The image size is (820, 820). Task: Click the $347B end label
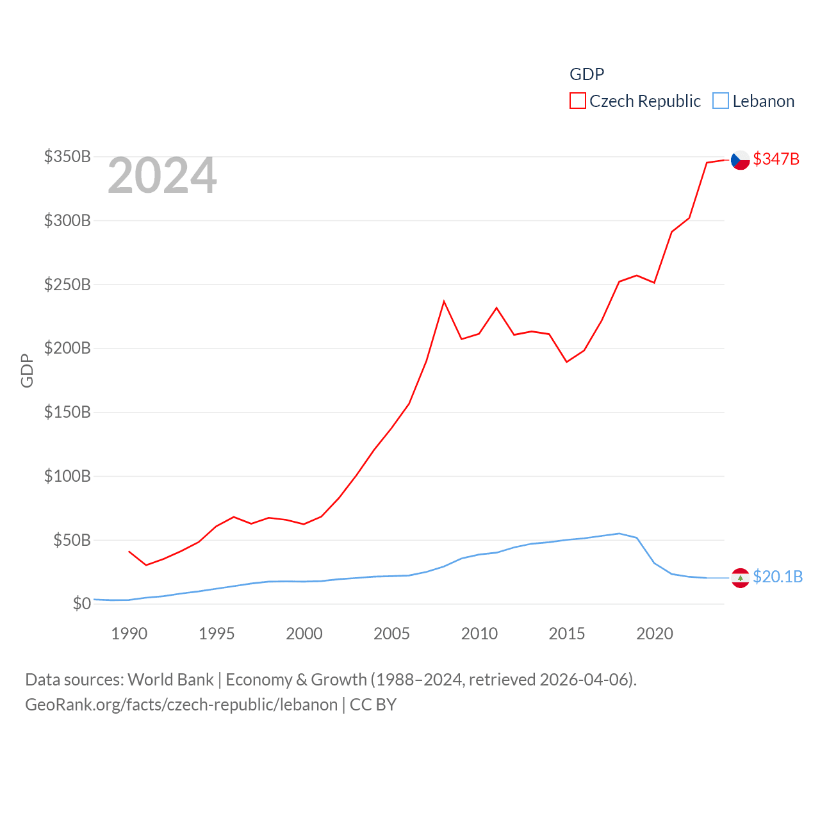pos(776,159)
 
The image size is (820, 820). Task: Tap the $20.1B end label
pos(777,577)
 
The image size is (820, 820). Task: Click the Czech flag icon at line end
pos(741,160)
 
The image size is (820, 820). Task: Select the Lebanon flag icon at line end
pos(741,577)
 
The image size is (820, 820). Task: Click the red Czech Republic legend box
pos(577,101)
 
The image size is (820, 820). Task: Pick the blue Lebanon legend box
pos(721,101)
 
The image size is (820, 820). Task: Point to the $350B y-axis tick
pos(67,156)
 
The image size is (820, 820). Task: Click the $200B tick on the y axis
pos(67,348)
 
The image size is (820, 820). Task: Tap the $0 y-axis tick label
pos(81,603)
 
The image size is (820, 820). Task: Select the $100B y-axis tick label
pos(67,476)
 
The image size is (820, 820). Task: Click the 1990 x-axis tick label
pos(129,634)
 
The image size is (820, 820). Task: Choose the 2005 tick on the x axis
pos(391,634)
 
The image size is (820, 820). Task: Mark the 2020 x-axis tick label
pos(654,634)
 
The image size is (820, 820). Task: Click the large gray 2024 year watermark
pos(162,176)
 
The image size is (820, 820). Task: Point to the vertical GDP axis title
pos(27,370)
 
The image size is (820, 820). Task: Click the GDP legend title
pos(586,74)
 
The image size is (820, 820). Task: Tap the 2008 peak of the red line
pos(444,301)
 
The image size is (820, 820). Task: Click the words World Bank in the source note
pos(170,679)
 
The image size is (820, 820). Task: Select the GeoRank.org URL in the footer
pos(181,705)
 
